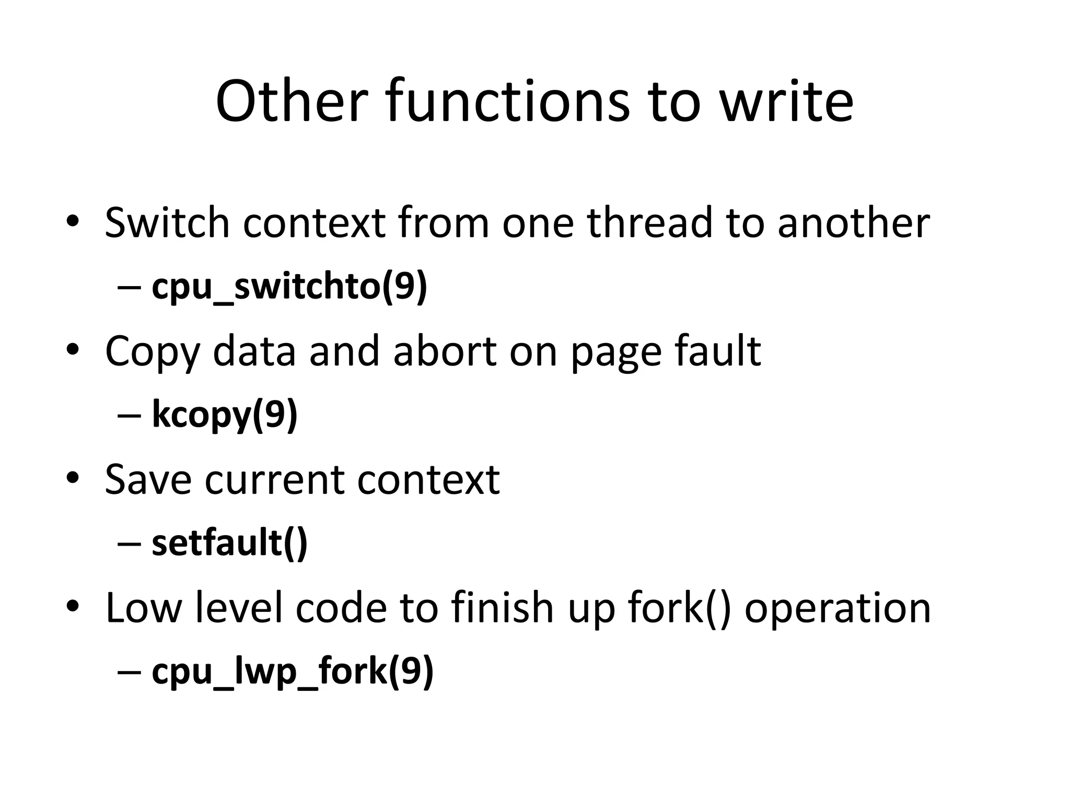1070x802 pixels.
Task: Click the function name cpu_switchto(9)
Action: pos(289,287)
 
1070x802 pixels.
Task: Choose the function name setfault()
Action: pos(229,544)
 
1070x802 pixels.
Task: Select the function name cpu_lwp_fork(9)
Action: pos(293,671)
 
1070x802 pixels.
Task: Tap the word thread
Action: pos(649,223)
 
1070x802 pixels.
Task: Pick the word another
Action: pos(854,223)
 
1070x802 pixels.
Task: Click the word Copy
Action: pos(153,352)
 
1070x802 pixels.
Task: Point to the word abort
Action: pos(445,351)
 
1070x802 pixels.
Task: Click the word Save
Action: pos(148,480)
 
